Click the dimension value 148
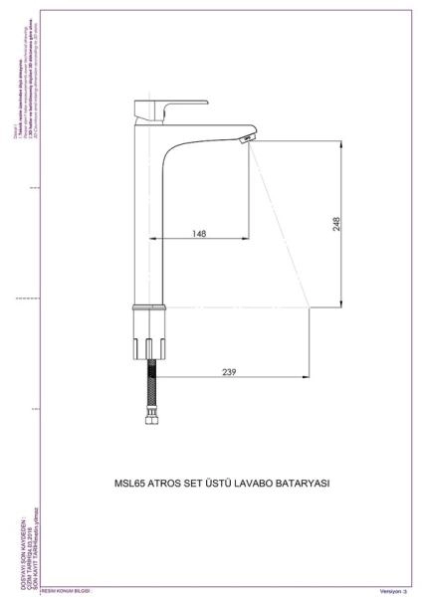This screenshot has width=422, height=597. point(201,234)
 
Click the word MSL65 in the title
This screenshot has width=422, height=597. point(132,484)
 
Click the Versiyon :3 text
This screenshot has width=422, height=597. point(394,591)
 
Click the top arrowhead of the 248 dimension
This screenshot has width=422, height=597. point(342,141)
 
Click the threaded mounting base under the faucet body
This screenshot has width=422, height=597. point(148,342)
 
